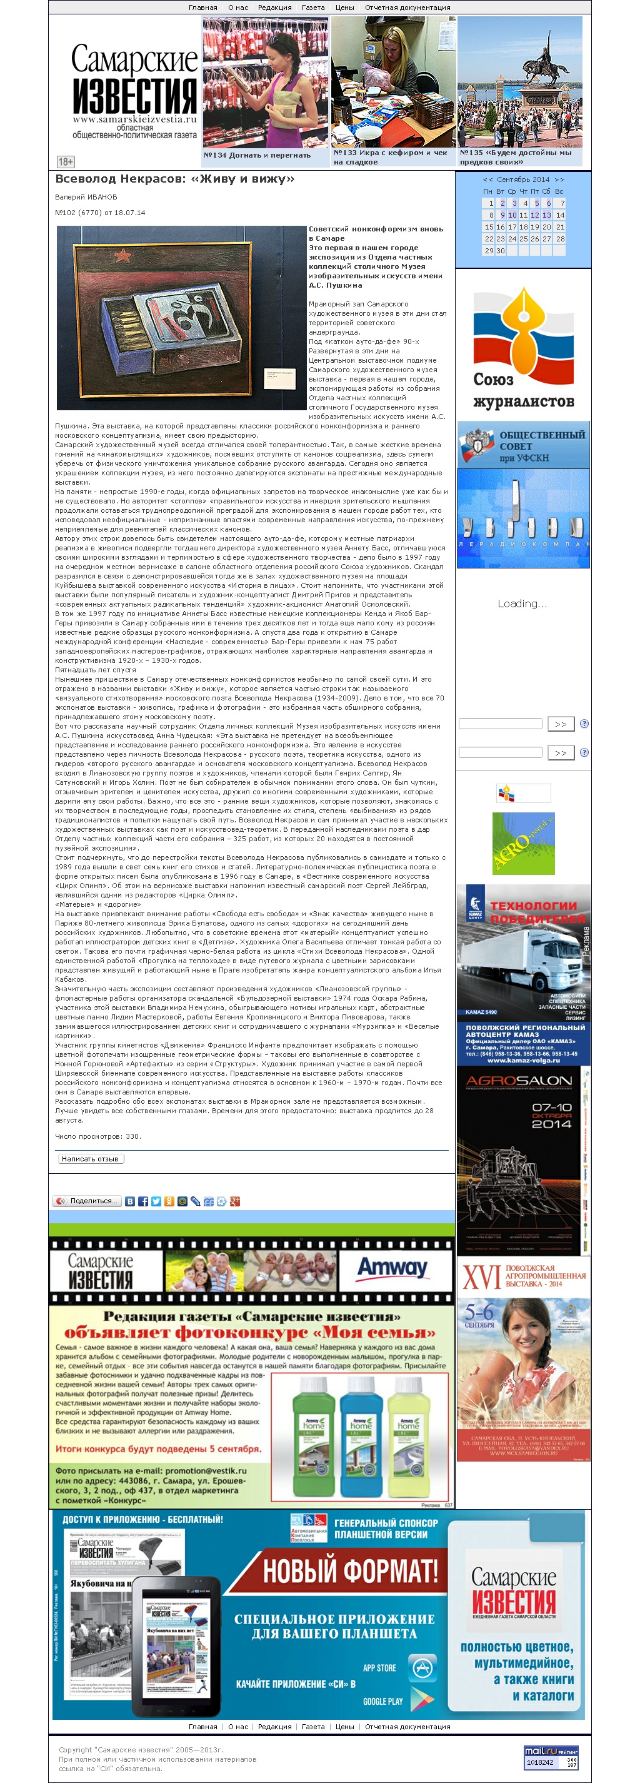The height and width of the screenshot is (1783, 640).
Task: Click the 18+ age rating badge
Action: click(x=65, y=161)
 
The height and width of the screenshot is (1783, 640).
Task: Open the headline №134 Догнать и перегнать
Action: click(x=257, y=156)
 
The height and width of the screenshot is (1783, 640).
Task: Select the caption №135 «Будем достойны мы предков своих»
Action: click(x=516, y=157)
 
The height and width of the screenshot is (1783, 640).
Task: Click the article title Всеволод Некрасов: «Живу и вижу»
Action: click(x=174, y=179)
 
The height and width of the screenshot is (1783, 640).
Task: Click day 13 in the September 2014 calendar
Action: click(x=546, y=215)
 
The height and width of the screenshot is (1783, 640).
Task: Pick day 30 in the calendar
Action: click(x=500, y=251)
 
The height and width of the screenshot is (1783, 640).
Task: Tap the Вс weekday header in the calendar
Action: click(x=558, y=191)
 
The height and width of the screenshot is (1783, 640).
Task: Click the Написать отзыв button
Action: click(x=91, y=1159)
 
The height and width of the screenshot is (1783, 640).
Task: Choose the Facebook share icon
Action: click(x=142, y=1201)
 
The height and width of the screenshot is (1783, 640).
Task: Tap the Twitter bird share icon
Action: click(x=156, y=1201)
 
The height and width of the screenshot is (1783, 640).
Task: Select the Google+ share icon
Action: click(x=234, y=1201)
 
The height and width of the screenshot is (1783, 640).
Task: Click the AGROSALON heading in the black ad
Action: click(x=519, y=1081)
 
